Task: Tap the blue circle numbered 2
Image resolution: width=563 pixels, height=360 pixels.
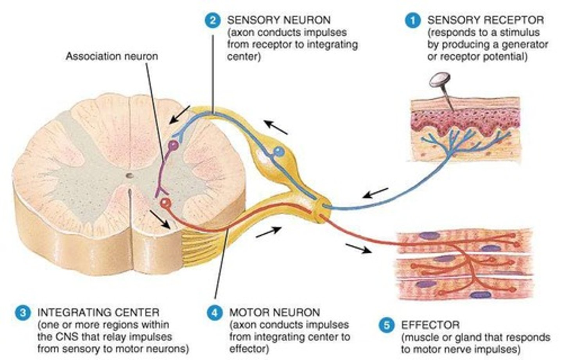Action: click(212, 20)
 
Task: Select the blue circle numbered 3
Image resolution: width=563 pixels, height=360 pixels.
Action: click(23, 312)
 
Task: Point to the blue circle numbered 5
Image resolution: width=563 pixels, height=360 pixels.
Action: click(386, 325)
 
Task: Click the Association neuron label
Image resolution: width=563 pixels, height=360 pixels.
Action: click(112, 56)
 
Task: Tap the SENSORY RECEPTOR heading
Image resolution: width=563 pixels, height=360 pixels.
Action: click(485, 20)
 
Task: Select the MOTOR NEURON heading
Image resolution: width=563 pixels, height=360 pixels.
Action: click(274, 312)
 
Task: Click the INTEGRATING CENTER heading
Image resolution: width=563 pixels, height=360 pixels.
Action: click(98, 312)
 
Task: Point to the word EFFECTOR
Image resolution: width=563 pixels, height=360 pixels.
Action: click(430, 325)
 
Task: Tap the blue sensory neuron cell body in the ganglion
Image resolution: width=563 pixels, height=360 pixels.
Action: click(278, 151)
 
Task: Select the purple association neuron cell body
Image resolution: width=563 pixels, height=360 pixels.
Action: click(173, 145)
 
